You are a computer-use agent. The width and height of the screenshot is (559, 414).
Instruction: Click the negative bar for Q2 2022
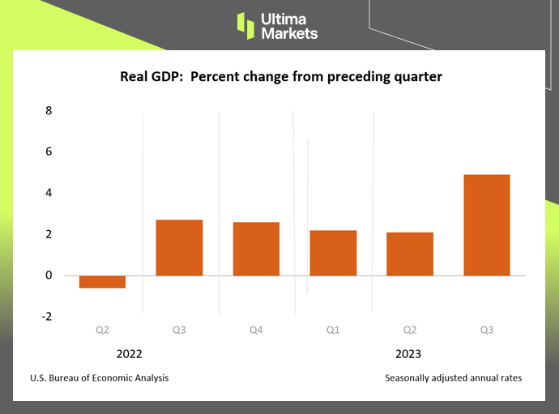[x=102, y=282]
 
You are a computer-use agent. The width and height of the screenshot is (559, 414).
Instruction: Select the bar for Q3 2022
[x=179, y=248]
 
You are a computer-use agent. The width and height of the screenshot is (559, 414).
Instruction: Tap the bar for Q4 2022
[x=256, y=249]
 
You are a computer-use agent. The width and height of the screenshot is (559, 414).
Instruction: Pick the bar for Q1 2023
[x=333, y=253]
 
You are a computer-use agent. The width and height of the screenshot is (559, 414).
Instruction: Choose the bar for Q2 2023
[x=410, y=254]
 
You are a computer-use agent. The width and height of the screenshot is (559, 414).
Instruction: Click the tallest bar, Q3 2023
[x=486, y=225]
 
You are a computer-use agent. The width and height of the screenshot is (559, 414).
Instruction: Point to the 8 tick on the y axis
[x=48, y=110]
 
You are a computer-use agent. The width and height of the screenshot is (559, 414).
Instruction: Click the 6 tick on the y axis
[x=48, y=152]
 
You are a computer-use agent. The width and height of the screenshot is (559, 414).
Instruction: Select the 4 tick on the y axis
[x=48, y=193]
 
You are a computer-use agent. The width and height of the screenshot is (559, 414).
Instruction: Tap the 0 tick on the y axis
[x=48, y=275]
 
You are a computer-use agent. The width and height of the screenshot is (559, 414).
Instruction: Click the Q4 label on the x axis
[x=256, y=330]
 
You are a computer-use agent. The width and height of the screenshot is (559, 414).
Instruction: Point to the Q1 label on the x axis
[x=333, y=330]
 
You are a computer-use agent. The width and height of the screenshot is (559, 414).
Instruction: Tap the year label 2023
[x=408, y=354]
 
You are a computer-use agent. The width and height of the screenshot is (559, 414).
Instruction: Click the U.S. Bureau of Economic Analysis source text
[x=100, y=378]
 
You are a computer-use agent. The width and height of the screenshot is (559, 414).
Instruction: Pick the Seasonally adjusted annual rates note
[x=453, y=378]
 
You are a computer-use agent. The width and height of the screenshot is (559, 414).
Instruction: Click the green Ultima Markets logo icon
[x=245, y=24]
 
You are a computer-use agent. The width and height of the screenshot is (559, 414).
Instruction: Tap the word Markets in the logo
[x=290, y=33]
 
